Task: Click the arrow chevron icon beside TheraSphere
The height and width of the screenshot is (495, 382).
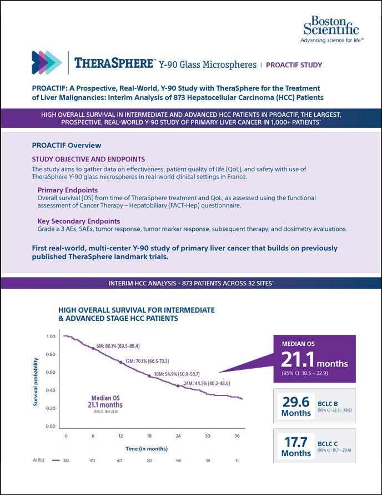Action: tap(47, 63)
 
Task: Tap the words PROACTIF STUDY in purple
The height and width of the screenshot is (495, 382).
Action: tap(294, 65)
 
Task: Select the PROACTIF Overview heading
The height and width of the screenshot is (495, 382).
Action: tap(67, 145)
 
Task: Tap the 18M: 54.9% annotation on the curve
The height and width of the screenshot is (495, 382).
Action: tap(178, 374)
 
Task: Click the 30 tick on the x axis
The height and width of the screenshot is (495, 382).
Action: tap(207, 435)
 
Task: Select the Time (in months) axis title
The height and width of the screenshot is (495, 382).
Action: tap(146, 448)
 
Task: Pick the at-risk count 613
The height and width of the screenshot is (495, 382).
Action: tap(93, 461)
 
